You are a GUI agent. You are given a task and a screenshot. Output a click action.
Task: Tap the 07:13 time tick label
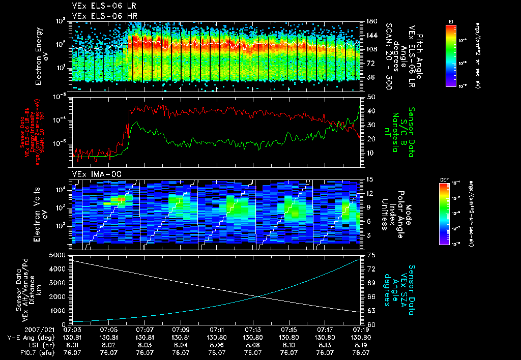pyautogui.click(x=253, y=330)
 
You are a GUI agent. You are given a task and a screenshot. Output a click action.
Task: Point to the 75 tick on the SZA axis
pyautogui.click(x=371, y=255)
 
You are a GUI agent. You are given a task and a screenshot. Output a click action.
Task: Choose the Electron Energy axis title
pyautogui.click(x=39, y=56)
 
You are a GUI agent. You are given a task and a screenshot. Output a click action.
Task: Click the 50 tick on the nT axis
pyautogui.click(x=371, y=97)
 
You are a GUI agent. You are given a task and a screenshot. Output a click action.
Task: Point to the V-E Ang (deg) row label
pyautogui.click(x=24, y=337)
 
